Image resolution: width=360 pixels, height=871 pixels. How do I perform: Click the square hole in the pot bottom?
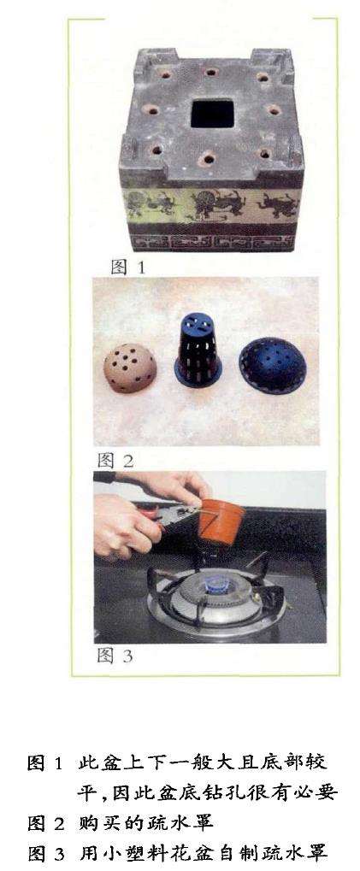tap(212, 114)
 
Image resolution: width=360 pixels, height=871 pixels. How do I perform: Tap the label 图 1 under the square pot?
tap(127, 268)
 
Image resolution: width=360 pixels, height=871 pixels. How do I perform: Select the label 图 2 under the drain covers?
tap(115, 460)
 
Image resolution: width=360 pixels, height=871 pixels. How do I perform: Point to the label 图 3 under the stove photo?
tap(115, 656)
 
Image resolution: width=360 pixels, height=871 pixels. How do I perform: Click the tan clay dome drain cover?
tap(130, 368)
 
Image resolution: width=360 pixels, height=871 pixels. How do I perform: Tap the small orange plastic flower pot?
tap(221, 521)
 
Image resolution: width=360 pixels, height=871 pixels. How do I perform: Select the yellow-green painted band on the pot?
tap(212, 204)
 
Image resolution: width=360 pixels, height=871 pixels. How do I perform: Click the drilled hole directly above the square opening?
tap(210, 72)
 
